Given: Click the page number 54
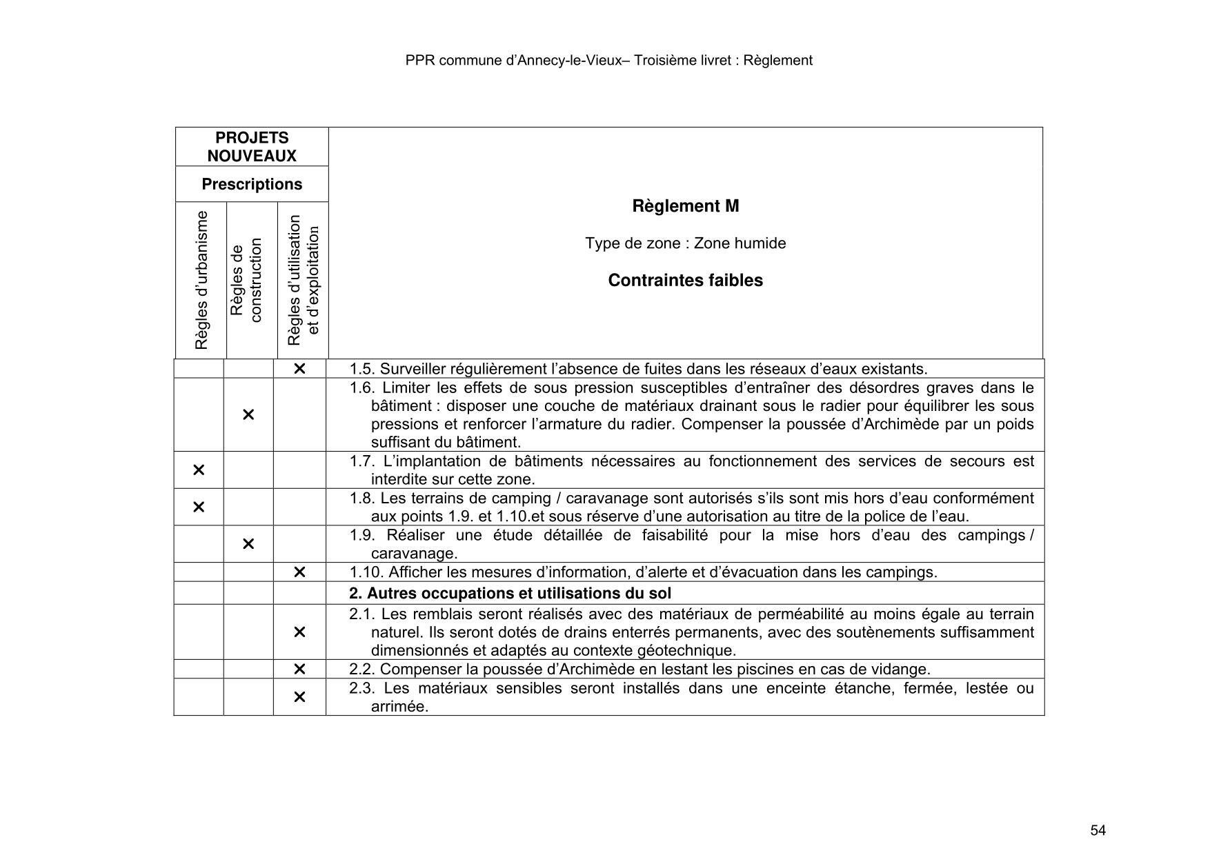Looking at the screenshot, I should tap(1098, 830).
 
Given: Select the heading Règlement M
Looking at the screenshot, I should tap(685, 206).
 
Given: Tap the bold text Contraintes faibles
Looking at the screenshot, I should tap(685, 281).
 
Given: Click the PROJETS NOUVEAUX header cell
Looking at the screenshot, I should tap(252, 147).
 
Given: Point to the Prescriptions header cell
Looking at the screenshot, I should tap(252, 184).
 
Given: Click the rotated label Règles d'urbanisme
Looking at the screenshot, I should tap(201, 280).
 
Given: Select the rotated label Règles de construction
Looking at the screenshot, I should tap(246, 280).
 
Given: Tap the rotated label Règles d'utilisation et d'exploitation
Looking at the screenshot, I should tap(303, 280).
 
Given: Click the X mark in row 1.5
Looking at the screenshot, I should tap(299, 369).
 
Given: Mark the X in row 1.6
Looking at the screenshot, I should tap(248, 414).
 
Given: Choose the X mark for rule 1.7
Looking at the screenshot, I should tap(199, 470).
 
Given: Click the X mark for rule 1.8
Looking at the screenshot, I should tap(199, 507).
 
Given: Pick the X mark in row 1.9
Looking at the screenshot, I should tap(248, 544).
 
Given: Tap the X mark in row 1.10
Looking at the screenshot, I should tap(299, 572).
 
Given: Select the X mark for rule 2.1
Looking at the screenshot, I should tap(299, 632).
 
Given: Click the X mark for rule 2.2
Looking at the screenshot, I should tap(299, 670).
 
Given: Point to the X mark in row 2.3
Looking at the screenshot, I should tap(299, 697).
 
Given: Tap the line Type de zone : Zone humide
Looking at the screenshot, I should tap(685, 243).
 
